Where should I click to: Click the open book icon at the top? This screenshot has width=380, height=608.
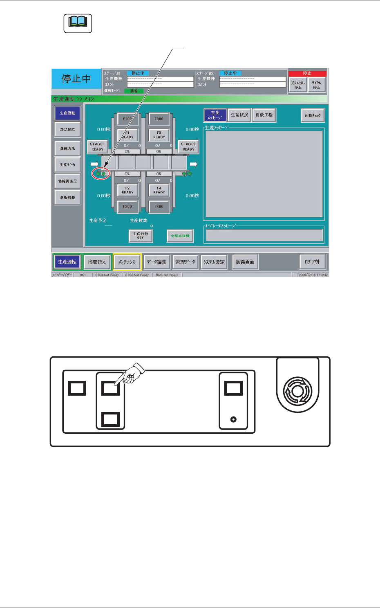coord(78,23)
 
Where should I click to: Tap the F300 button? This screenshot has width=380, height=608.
coord(159,119)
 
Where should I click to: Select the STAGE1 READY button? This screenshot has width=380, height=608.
coord(97,146)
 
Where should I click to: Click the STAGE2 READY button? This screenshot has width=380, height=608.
coord(188,146)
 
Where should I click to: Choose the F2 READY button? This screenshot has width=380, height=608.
coord(127,190)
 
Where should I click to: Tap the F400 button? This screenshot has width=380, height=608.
coord(159,207)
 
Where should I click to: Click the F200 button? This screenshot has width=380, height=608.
coord(127,207)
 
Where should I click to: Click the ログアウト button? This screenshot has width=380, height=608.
coord(313,262)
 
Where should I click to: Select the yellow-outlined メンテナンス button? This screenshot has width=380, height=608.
coord(127,262)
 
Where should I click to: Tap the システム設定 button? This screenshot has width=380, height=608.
coord(214,262)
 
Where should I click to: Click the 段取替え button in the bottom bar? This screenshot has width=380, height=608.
coord(97,262)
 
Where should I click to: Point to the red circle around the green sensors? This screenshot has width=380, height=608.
coord(101,173)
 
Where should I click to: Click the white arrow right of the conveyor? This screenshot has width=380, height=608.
coord(194,164)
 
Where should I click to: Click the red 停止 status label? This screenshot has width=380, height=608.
coord(307,73)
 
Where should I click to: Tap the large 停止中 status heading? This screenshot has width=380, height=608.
coord(76,79)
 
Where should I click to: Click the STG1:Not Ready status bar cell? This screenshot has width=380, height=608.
coord(107,275)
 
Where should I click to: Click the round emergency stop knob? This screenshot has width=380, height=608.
coord(297,391)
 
